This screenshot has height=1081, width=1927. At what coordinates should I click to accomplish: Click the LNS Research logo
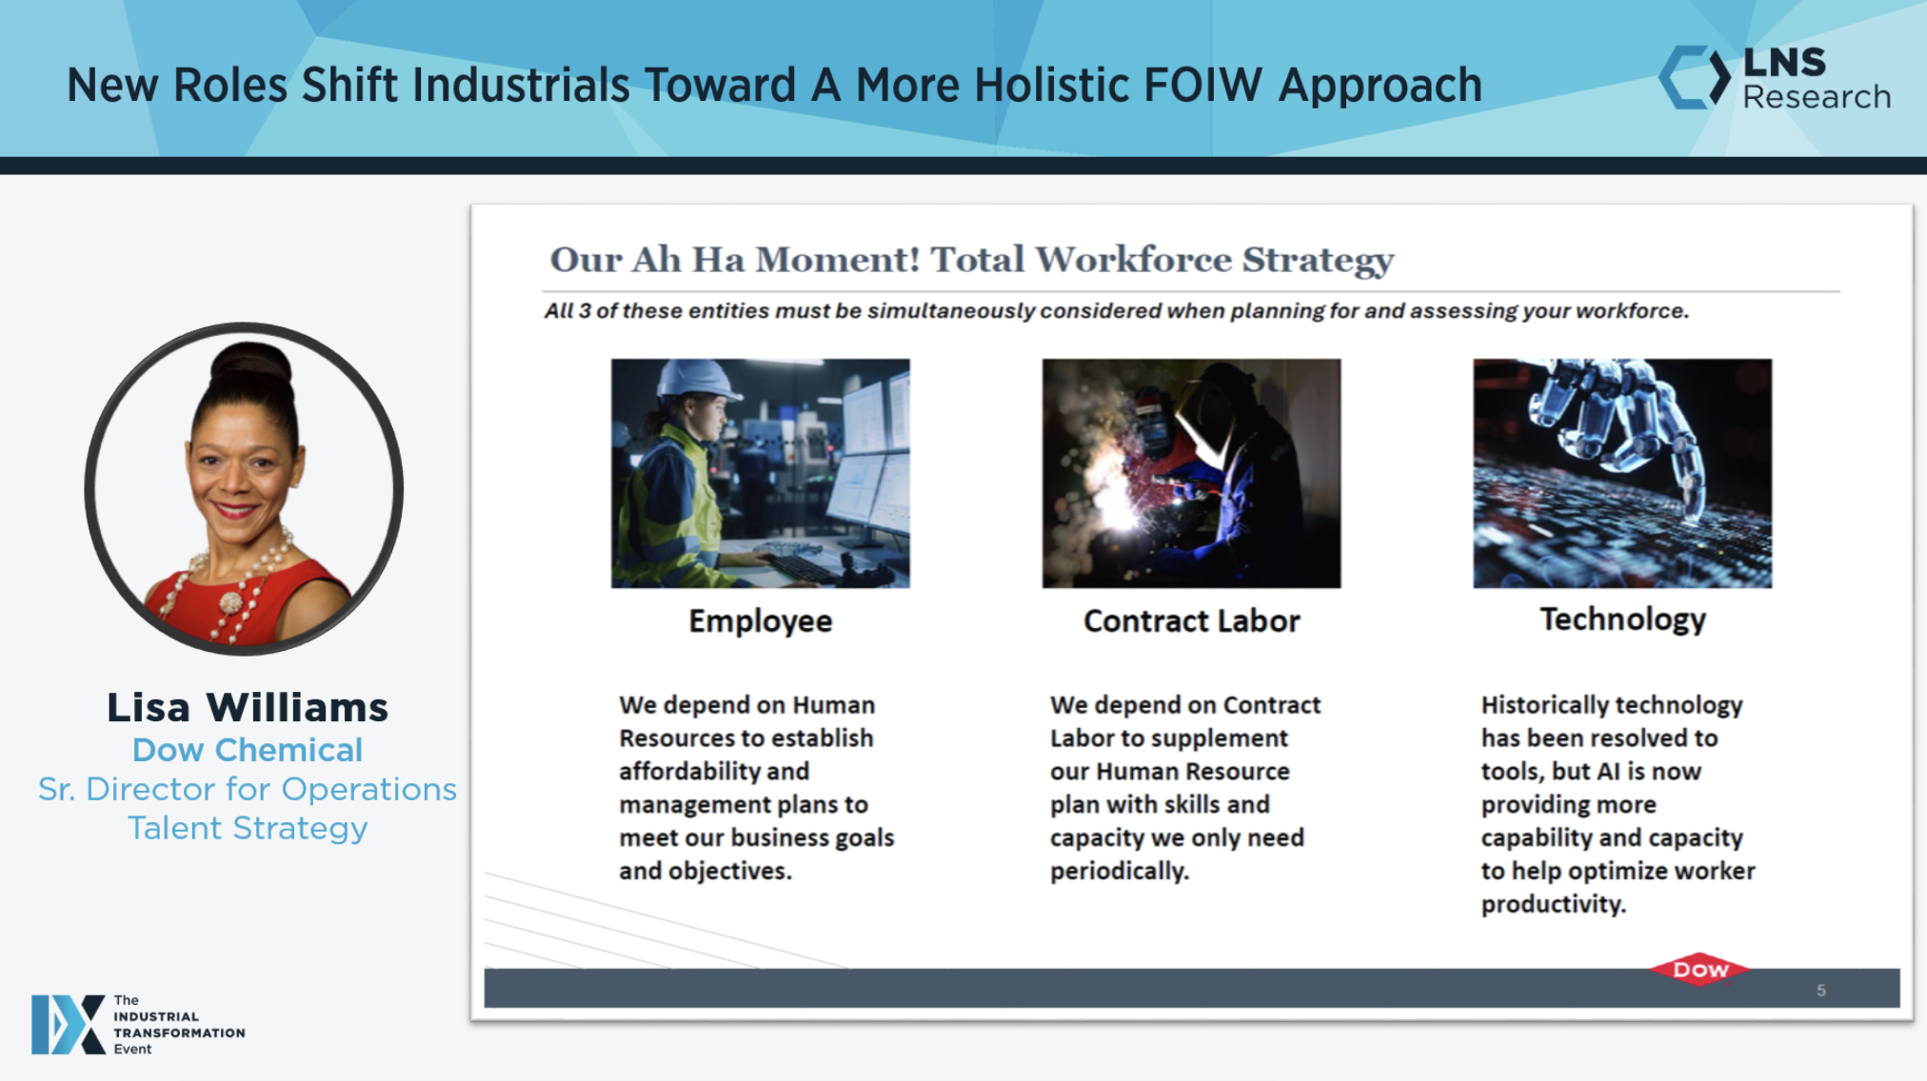pyautogui.click(x=1775, y=77)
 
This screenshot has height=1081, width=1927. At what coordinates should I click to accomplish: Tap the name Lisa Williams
pyautogui.click(x=248, y=707)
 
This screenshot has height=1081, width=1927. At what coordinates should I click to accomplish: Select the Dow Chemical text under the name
pyautogui.click(x=248, y=750)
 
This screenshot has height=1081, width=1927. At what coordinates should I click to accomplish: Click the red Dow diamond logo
pyautogui.click(x=1700, y=969)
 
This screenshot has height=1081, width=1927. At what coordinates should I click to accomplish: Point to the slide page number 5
pyautogui.click(x=1820, y=990)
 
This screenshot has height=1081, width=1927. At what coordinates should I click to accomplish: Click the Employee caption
pyautogui.click(x=760, y=620)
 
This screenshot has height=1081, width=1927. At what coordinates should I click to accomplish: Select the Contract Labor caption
pyautogui.click(x=1191, y=620)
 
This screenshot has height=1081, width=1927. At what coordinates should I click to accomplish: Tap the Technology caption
pyautogui.click(x=1622, y=619)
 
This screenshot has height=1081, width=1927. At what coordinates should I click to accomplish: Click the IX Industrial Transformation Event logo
pyautogui.click(x=138, y=1024)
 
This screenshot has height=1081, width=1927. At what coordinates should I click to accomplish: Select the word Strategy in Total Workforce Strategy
pyautogui.click(x=1318, y=260)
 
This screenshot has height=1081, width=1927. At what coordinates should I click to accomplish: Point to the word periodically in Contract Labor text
pyautogui.click(x=1119, y=871)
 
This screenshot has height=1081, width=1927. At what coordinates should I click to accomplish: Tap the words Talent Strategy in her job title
pyautogui.click(x=248, y=828)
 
